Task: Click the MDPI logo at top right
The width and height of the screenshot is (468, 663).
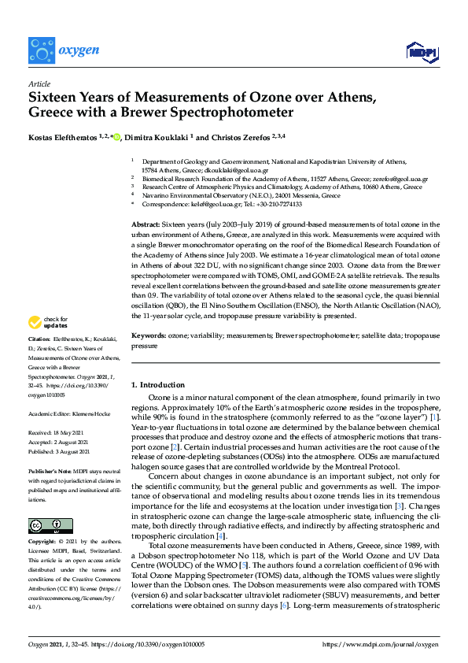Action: click(421, 53)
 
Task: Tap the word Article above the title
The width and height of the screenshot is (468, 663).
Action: click(39, 83)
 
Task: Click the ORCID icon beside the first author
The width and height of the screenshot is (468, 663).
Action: click(116, 138)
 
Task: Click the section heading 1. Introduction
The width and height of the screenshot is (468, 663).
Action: click(157, 385)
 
